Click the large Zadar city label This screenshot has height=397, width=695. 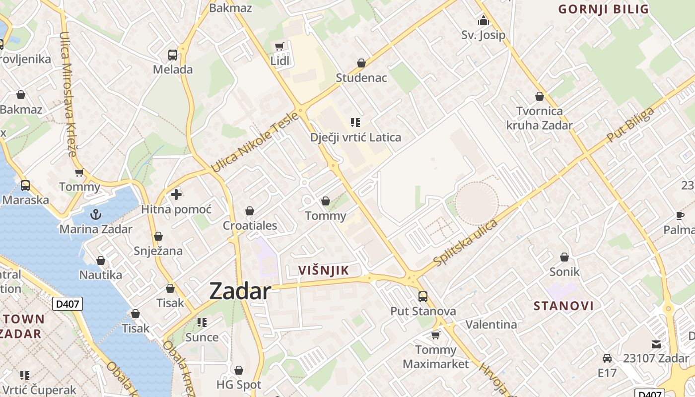tap(240, 291)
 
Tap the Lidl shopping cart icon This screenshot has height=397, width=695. tap(279, 47)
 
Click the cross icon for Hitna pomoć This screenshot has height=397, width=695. tap(176, 195)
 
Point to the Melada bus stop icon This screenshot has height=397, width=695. tap(173, 55)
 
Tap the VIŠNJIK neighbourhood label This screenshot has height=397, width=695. tap(324, 270)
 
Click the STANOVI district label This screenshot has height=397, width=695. tap(563, 306)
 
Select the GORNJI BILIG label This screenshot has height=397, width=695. tap(604, 9)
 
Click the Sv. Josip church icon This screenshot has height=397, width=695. tap(483, 21)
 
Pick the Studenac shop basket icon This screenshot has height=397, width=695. tap(361, 64)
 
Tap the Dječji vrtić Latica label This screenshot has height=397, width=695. tap(355, 137)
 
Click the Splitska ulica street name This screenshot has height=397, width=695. tap(465, 242)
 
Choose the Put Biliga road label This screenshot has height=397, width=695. tap(630, 125)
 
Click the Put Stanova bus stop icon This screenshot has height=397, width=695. tap(423, 297)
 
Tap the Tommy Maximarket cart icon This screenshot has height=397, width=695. tap(436, 335)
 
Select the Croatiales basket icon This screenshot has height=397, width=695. tap(250, 211)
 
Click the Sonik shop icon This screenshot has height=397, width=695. tap(564, 257)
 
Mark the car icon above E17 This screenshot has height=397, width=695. tap(607, 358)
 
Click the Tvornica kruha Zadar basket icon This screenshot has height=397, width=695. tap(540, 96)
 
